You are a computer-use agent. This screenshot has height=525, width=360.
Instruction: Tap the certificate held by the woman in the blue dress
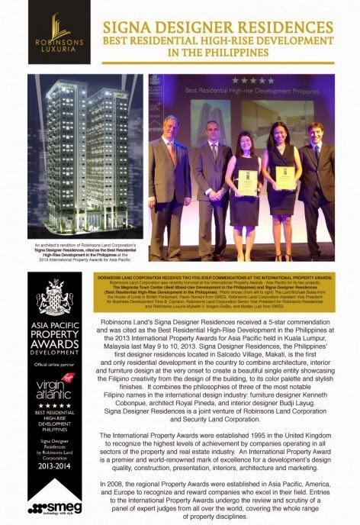[x=284, y=178]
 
